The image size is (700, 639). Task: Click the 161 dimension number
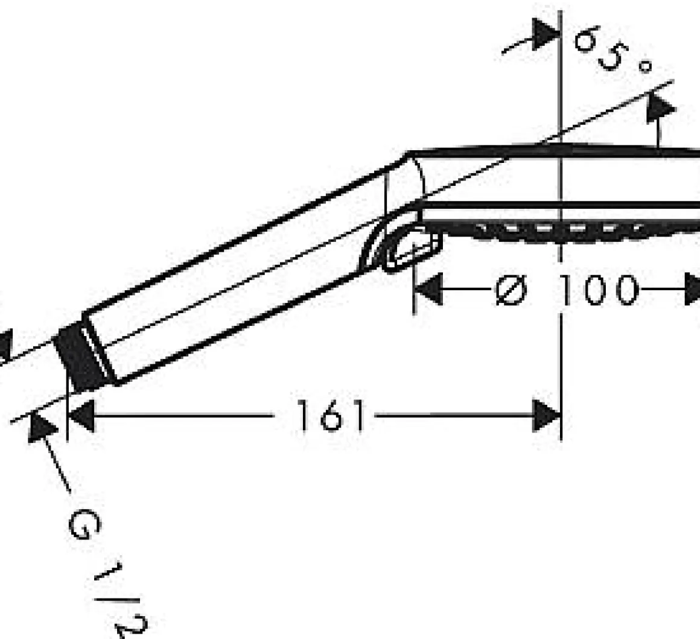(330, 416)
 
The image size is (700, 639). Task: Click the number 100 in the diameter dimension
(599, 290)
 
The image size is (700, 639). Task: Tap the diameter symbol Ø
(511, 290)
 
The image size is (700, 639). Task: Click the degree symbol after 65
(645, 66)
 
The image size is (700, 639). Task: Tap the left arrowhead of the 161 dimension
(81, 416)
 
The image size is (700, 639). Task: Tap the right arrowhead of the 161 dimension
(546, 416)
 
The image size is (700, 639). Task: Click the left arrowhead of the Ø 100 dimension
(428, 290)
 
